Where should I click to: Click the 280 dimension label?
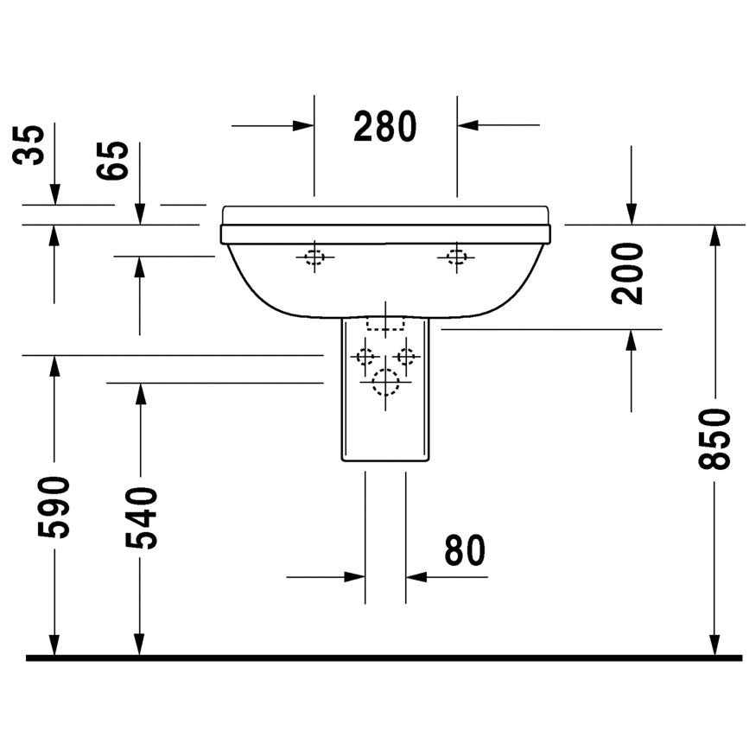point(385,127)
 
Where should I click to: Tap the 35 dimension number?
point(29,145)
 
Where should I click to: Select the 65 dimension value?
point(112,161)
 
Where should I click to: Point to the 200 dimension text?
point(627,273)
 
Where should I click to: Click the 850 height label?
point(714,439)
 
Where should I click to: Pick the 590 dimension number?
point(54,507)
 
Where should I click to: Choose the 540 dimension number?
point(142,517)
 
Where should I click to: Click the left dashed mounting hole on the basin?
point(314,257)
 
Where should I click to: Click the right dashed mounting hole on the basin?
point(456,257)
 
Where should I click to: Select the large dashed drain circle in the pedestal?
point(385,382)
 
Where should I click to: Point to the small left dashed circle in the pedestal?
point(365,356)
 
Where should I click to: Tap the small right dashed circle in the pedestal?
point(406,356)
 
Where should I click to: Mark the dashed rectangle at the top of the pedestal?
point(385,323)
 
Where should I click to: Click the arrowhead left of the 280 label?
point(303,125)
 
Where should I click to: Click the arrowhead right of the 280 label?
point(467,125)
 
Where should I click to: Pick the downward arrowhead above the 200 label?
point(632,213)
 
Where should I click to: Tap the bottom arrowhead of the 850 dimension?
point(714,644)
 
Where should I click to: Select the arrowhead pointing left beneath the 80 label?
point(416,577)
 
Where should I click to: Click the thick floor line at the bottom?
point(384,658)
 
